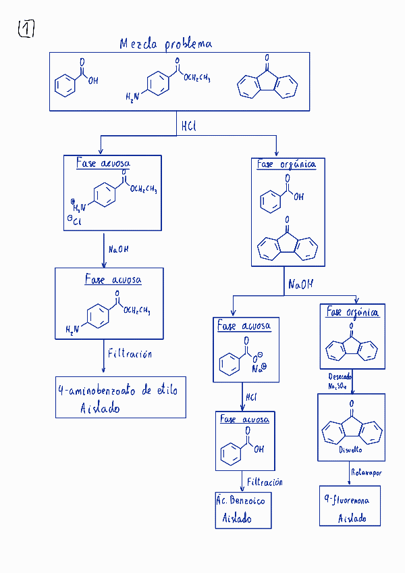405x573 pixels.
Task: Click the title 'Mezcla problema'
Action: click(x=165, y=44)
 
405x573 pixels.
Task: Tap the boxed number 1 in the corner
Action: click(x=26, y=28)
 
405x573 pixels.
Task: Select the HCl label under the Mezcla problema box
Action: click(x=188, y=126)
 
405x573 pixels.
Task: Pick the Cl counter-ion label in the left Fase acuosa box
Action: click(x=74, y=220)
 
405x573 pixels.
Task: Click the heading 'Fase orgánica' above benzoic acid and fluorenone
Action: click(x=286, y=164)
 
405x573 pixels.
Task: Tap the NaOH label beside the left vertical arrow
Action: click(x=119, y=249)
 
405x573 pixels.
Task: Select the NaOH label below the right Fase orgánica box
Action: click(x=300, y=284)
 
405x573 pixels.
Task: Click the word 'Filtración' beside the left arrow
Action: click(x=130, y=353)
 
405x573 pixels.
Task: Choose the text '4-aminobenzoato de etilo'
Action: click(x=118, y=391)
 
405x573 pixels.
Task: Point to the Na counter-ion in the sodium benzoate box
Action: click(x=259, y=368)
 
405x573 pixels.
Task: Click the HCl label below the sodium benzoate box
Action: click(x=252, y=397)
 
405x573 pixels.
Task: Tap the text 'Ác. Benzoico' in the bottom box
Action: click(x=241, y=501)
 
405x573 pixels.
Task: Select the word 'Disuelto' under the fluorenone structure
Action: click(x=351, y=449)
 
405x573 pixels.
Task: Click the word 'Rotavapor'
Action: click(x=367, y=473)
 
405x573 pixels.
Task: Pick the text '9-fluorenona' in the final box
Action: click(x=346, y=501)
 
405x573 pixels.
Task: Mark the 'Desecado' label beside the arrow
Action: click(x=340, y=376)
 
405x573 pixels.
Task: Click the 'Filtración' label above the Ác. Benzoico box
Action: click(x=265, y=482)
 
